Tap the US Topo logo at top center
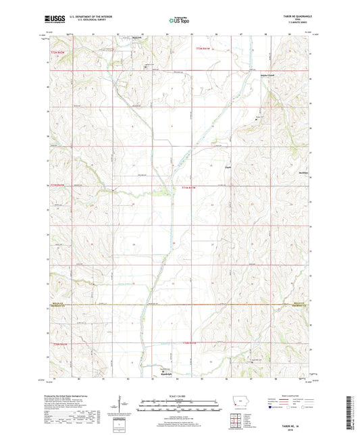pos(178,21)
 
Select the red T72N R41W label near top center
pos(203,49)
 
